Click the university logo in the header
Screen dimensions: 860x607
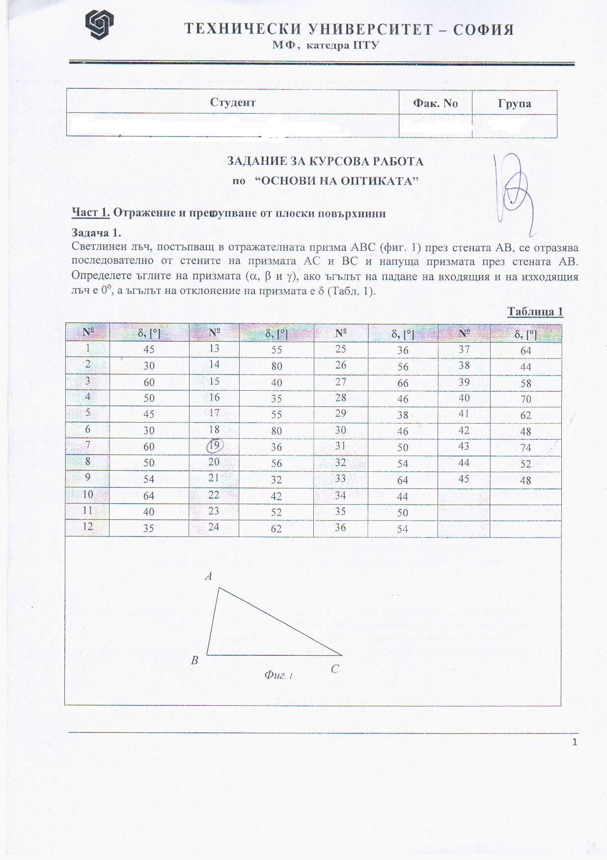[99, 25]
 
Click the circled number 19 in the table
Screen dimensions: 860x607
[215, 446]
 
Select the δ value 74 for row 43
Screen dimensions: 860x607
[525, 448]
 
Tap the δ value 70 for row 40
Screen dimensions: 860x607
[525, 399]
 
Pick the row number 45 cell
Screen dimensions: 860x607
[464, 479]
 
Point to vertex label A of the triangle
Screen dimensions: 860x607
[208, 576]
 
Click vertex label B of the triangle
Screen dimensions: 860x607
[194, 661]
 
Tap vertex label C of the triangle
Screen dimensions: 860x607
[334, 669]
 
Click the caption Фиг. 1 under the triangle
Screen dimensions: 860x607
[278, 675]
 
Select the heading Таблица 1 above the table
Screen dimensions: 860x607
[535, 312]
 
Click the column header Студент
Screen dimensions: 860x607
[233, 102]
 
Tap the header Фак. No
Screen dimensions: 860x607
[435, 103]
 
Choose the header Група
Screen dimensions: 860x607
[514, 104]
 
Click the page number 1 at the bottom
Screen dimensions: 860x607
[575, 742]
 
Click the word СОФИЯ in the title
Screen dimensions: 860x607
[483, 30]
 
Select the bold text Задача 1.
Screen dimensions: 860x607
[96, 233]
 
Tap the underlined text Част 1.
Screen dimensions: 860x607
[90, 213]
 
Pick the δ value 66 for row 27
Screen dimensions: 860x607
[403, 383]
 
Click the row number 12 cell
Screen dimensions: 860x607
[87, 527]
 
